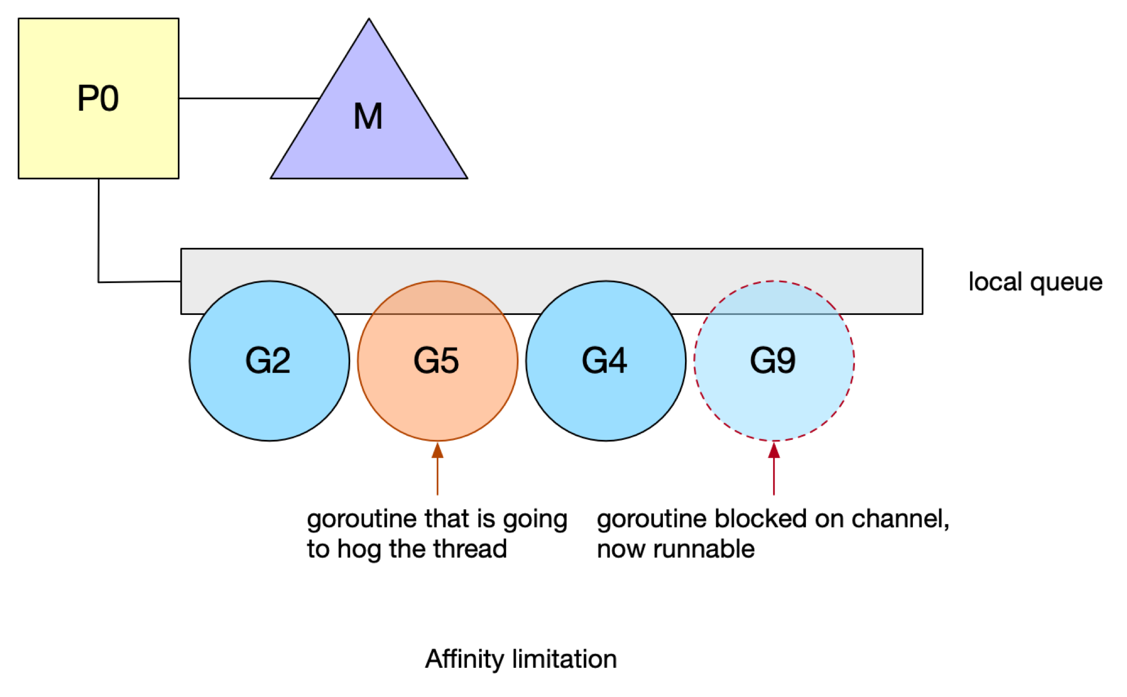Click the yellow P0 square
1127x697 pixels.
(99, 99)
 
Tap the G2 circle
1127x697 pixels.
(269, 361)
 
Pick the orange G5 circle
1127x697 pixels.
(438, 361)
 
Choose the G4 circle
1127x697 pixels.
(606, 361)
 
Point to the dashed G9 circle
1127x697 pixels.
(774, 361)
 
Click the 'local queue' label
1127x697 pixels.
(1035, 282)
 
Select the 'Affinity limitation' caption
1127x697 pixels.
(521, 659)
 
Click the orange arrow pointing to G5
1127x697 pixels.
(438, 469)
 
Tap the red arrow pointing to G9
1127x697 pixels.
(774, 469)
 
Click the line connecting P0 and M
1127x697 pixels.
(249, 99)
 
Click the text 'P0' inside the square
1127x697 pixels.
(98, 99)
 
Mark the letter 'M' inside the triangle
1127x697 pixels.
(368, 117)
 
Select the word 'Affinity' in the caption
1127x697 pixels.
(464, 660)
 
